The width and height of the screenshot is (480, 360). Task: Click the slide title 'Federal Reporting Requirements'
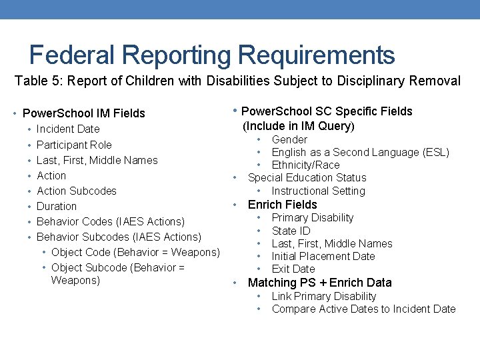tap(212, 55)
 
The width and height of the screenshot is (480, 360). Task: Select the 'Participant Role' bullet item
tap(74, 145)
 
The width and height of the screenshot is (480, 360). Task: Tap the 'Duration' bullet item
tap(57, 206)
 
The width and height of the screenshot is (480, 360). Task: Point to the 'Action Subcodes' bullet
tap(76, 191)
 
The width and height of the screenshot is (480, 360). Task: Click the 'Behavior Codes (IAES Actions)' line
tap(110, 221)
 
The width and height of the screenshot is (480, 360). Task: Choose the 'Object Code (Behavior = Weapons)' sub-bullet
tap(135, 252)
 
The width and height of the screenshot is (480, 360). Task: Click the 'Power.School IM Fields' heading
tap(84, 113)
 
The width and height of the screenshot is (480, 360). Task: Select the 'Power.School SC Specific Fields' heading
tap(327, 111)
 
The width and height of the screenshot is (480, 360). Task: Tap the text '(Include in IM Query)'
tap(298, 126)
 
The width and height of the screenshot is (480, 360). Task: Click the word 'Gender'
tap(289, 139)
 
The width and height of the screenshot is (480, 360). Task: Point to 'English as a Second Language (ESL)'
tap(360, 152)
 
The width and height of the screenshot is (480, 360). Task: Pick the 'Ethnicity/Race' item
tap(305, 165)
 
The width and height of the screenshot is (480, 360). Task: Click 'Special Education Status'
tap(307, 177)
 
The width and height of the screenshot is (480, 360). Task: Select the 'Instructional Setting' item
tap(318, 191)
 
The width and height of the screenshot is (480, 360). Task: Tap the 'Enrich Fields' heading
tap(282, 205)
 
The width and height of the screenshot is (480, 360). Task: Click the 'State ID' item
tap(291, 231)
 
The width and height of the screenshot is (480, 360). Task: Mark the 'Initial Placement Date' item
tap(323, 256)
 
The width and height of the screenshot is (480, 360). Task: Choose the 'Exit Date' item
tap(293, 269)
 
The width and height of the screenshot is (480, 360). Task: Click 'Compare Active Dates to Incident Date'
tap(363, 309)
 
